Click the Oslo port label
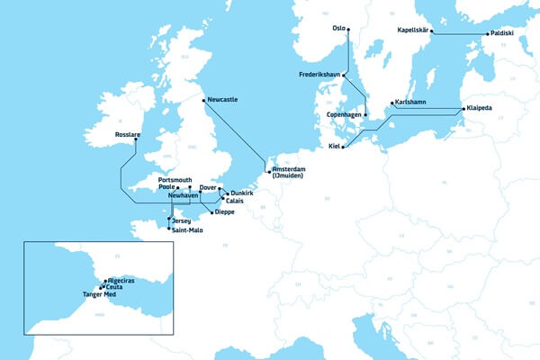338,28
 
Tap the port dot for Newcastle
205,99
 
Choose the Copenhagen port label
344,115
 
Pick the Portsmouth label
175,180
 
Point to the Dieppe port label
224,212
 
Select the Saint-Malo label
187,230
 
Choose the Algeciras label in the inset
121,281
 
